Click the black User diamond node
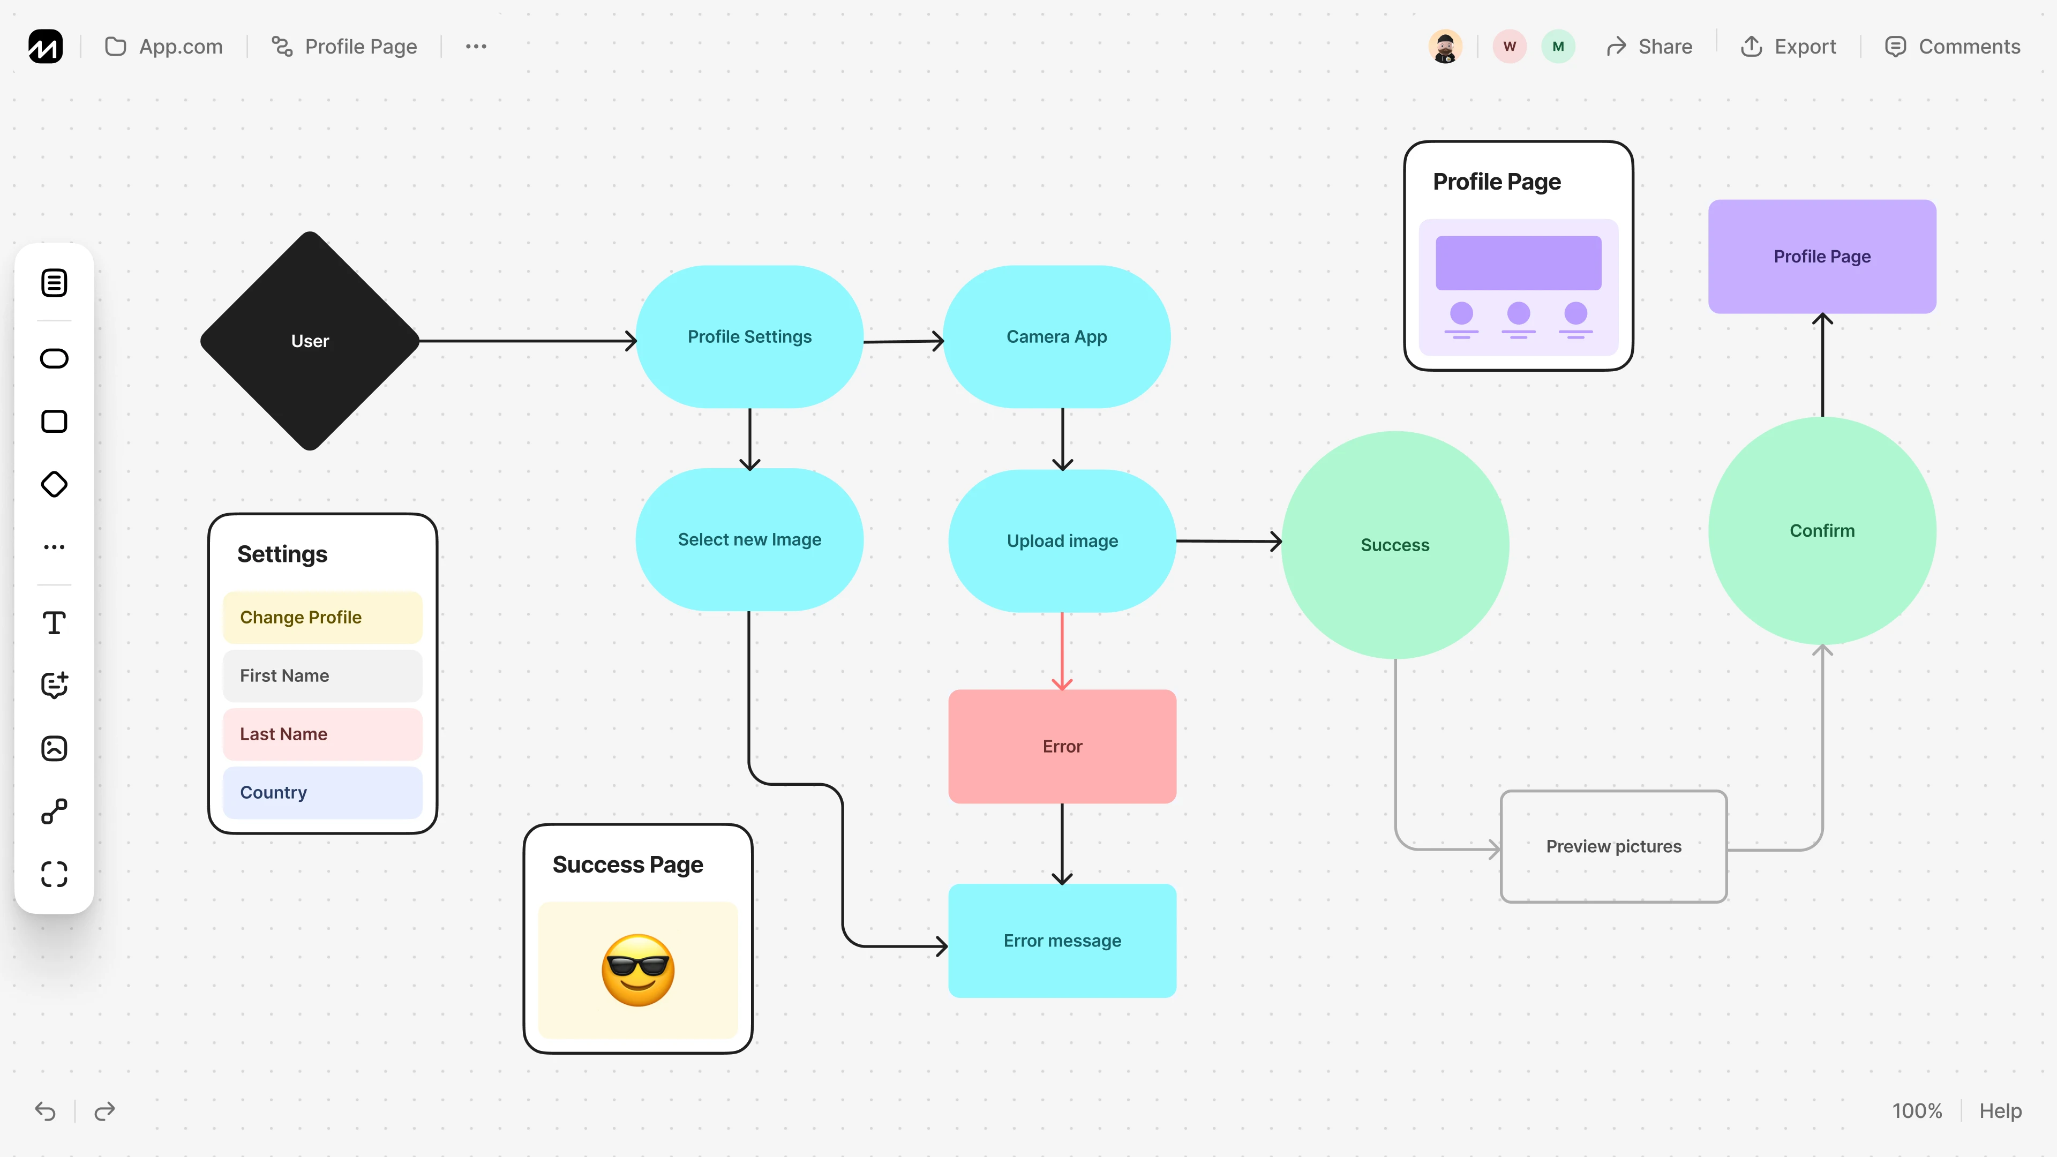(x=310, y=341)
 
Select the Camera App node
(x=1056, y=337)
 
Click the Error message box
(x=1062, y=941)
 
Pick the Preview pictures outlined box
(x=1613, y=846)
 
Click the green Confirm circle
(x=1821, y=531)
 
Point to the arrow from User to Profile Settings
(x=527, y=341)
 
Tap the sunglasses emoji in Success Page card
(x=638, y=970)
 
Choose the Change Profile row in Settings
(x=322, y=617)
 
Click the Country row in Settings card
(x=322, y=792)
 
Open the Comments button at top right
(x=1953, y=46)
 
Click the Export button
(x=1789, y=46)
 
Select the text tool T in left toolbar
(x=54, y=623)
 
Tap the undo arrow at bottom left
(x=46, y=1111)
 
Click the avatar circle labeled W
(x=1509, y=46)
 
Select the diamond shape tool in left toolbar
(x=54, y=484)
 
